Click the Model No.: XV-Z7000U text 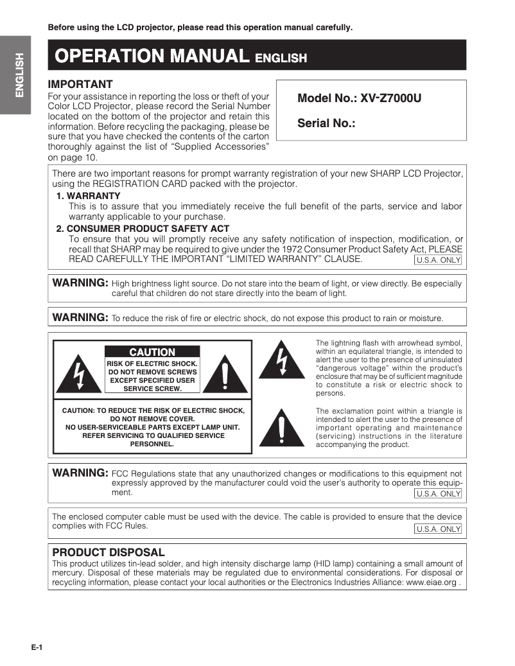click(359, 99)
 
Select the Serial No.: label click(326, 123)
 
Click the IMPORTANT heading click(81, 84)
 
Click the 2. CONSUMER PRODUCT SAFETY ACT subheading click(143, 229)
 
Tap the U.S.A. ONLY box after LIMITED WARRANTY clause click(439, 260)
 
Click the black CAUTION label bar click(152, 352)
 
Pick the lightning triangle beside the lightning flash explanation click(281, 361)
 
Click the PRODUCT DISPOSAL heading click(109, 552)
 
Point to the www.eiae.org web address click(432, 583)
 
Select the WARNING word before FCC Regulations click(80, 473)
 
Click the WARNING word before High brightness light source click(80, 283)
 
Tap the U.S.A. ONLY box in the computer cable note click(439, 529)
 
